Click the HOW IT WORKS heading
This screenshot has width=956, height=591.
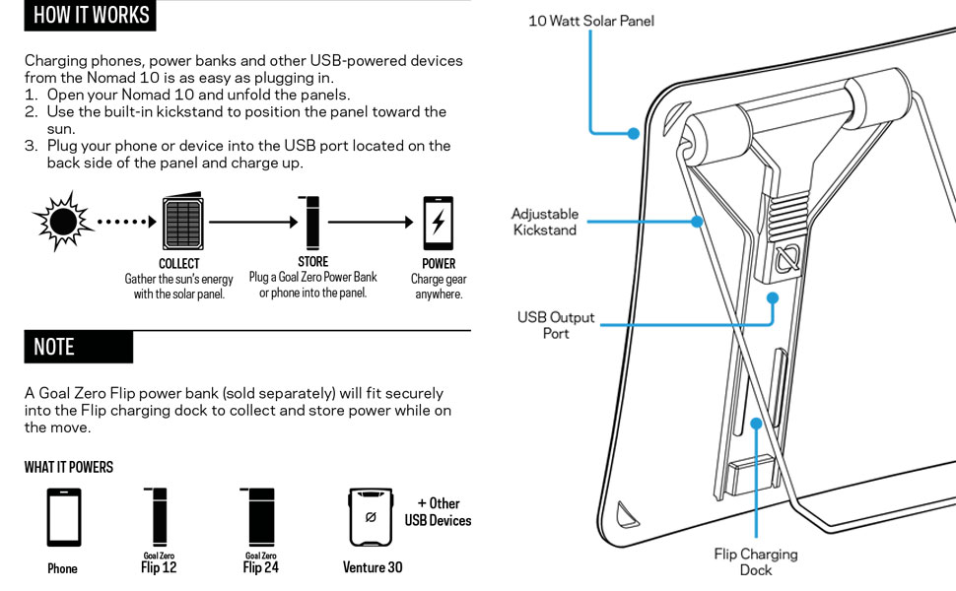point(91,15)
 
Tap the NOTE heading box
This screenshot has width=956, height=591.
point(78,347)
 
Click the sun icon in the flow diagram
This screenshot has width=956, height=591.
point(62,223)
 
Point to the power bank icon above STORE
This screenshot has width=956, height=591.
point(312,223)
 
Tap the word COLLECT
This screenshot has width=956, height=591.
point(179,264)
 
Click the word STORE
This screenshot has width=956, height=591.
point(312,263)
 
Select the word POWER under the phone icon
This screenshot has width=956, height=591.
point(439,264)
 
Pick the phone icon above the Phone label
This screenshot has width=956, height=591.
point(64,517)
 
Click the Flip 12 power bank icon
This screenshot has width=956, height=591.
point(161,517)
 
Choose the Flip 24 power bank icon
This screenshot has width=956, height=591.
point(260,517)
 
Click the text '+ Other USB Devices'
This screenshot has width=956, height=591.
point(438,511)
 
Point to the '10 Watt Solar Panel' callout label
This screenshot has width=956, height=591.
point(590,21)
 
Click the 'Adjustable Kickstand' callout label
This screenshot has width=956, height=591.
point(545,222)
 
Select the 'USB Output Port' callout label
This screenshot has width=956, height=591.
point(556,325)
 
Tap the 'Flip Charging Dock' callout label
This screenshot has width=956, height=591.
point(755,561)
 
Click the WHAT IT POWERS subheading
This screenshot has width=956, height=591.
point(69,467)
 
